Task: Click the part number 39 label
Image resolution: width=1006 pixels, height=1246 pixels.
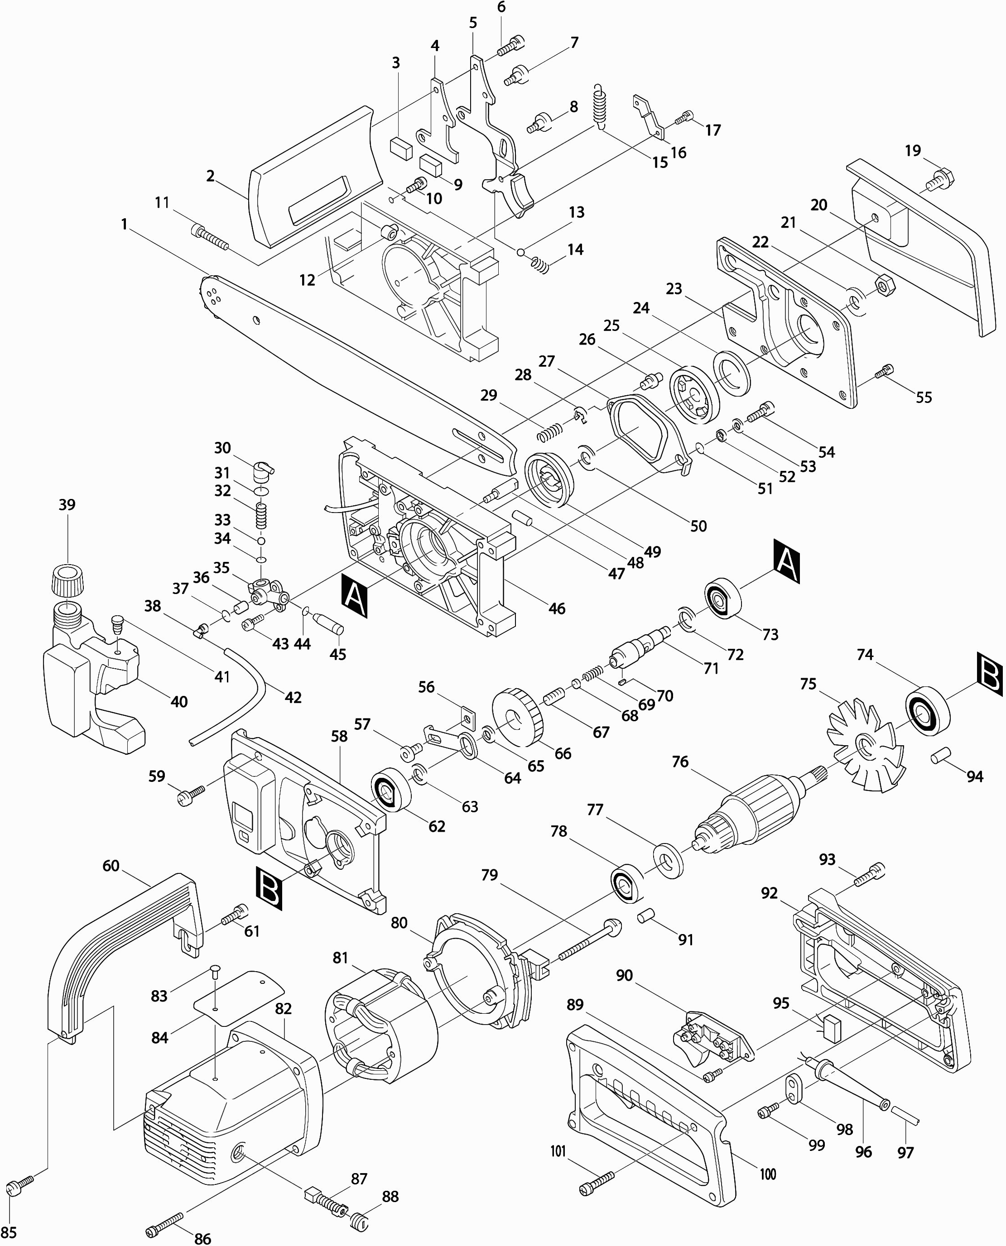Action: [x=67, y=504]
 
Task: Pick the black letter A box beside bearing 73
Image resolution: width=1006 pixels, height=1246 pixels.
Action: [x=787, y=560]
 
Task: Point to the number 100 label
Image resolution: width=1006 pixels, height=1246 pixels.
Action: [x=768, y=1174]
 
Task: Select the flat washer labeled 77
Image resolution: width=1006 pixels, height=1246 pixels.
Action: [x=668, y=862]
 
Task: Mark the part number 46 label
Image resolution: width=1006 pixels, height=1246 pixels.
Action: [x=557, y=608]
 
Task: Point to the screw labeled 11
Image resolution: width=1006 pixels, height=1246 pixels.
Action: [x=209, y=238]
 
